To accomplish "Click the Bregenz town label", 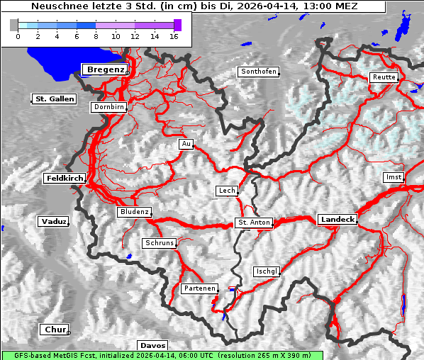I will tap(105, 69).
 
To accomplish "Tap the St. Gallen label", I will tap(54, 99).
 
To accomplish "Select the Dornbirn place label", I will tap(108, 107).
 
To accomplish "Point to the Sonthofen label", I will tap(258, 72).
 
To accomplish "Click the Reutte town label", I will tap(384, 77).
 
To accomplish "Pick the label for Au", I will tap(186, 144).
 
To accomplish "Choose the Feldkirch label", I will tap(65, 178).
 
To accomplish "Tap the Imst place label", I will tap(393, 176).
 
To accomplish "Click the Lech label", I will tap(227, 191).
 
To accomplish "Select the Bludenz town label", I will tap(134, 212).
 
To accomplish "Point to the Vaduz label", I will tap(53, 221).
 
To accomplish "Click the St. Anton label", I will tap(253, 223).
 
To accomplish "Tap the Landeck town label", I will tap(337, 220).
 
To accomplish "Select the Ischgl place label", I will tap(267, 271).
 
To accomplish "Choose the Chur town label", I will tap(54, 330).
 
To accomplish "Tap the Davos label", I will tap(152, 345).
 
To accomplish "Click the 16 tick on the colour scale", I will tap(173, 35).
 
